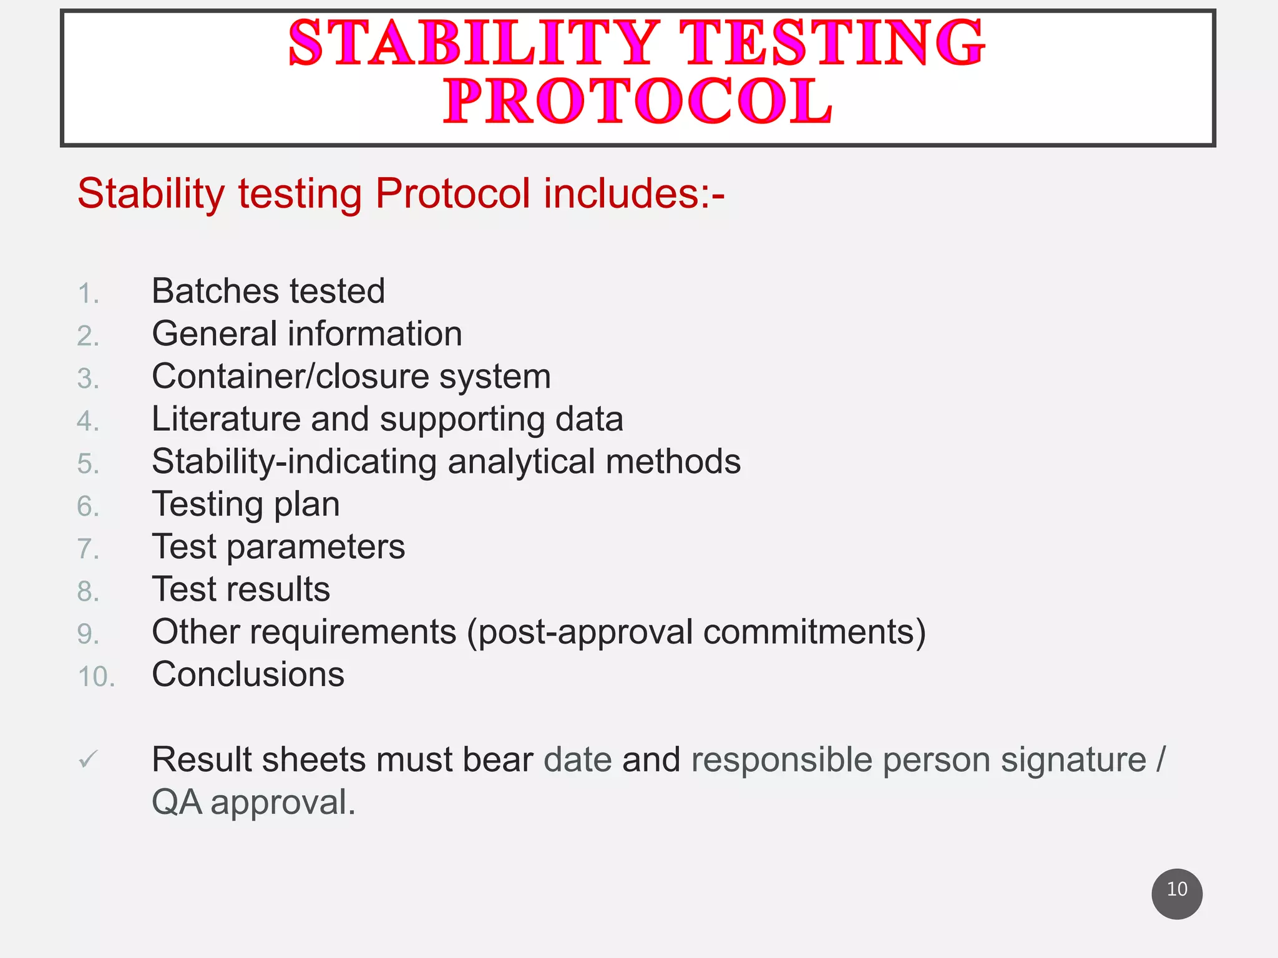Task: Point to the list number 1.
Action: point(88,294)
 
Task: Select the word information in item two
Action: point(374,334)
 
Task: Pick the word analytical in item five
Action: point(521,462)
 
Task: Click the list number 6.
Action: point(88,506)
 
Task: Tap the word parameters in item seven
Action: point(315,548)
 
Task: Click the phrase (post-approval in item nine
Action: point(580,632)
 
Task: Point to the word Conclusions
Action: point(248,675)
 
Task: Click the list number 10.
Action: point(96,677)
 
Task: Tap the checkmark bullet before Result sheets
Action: point(88,760)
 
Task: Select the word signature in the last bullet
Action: point(1073,760)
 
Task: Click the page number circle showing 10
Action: point(1176,893)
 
